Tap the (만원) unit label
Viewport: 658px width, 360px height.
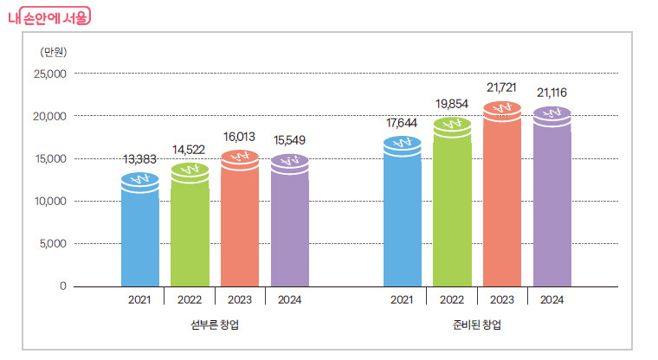point(53,51)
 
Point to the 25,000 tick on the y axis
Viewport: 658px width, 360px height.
point(49,74)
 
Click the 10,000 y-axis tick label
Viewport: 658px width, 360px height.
point(49,201)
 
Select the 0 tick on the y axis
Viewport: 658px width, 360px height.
point(62,286)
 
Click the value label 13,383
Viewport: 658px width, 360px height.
point(139,160)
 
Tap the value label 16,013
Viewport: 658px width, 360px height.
point(239,137)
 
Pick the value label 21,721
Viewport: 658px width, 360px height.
point(502,87)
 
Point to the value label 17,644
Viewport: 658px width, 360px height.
point(403,122)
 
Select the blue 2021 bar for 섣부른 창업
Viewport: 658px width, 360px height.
point(139,234)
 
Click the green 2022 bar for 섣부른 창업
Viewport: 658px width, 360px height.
point(190,229)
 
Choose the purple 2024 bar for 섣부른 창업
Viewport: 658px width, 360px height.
point(289,225)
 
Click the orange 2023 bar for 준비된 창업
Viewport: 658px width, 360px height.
point(502,199)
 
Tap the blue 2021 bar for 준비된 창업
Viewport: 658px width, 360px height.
point(403,216)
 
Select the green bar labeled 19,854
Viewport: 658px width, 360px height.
point(452,208)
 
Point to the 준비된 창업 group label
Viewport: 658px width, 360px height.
point(477,325)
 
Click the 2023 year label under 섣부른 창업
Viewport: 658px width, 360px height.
point(239,299)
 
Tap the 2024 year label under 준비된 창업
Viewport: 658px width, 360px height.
point(552,299)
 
